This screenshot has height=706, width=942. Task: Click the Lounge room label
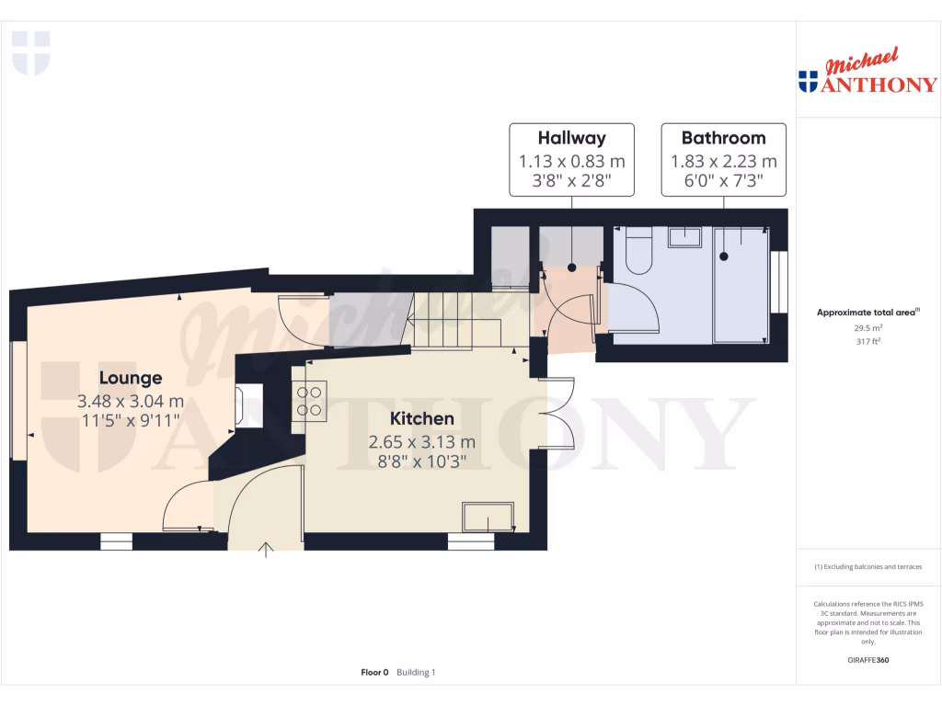[131, 378]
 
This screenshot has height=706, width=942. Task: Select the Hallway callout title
[571, 139]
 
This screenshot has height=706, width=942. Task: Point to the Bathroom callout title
[723, 139]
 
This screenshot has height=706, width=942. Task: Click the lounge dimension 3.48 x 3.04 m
[131, 401]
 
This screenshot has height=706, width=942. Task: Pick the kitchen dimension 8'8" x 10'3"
[422, 462]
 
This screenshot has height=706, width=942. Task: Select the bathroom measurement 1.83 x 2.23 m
[723, 162]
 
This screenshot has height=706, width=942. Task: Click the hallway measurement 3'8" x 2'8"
[571, 182]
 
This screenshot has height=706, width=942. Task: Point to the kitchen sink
[488, 518]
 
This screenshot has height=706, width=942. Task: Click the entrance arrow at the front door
[267, 551]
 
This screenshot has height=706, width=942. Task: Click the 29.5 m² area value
[867, 326]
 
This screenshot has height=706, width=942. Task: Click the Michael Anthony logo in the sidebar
[867, 74]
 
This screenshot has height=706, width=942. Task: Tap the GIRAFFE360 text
[867, 660]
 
